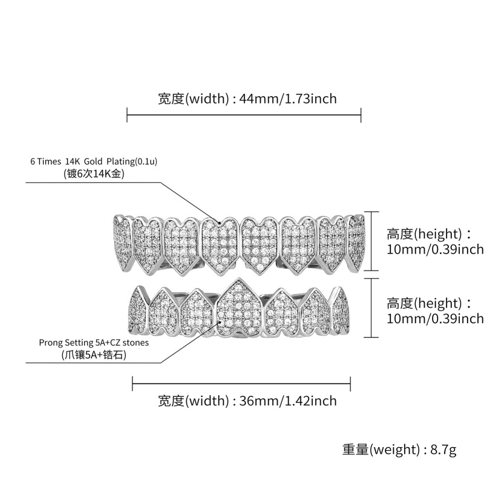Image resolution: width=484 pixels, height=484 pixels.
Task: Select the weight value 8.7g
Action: (x=444, y=450)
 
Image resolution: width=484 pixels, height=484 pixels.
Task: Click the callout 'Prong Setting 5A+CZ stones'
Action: (x=93, y=342)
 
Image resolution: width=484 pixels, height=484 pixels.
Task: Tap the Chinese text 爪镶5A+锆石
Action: (x=93, y=355)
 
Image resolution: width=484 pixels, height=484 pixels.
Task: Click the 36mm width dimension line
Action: (x=242, y=382)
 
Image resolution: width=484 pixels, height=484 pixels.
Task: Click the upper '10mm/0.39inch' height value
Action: (x=434, y=249)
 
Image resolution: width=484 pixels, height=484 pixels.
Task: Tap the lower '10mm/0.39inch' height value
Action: (x=434, y=318)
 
